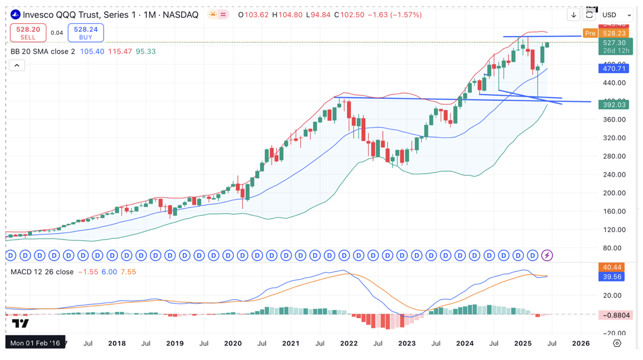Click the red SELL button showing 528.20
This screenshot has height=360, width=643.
[28, 33]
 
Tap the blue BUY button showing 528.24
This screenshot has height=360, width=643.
[86, 33]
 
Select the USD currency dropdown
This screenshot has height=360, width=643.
[616, 15]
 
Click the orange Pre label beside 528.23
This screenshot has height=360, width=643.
[590, 34]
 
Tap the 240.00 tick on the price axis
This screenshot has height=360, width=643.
[614, 175]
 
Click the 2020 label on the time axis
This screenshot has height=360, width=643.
[233, 343]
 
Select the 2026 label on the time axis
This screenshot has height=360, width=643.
[581, 343]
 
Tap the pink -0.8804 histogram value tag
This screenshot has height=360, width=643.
[615, 314]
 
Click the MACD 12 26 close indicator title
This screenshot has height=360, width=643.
[42, 272]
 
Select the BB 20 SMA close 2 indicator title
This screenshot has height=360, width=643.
[43, 52]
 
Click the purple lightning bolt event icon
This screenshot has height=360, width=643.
[547, 255]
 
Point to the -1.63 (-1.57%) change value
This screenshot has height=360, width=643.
[395, 15]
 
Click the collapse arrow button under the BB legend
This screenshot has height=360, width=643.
[17, 66]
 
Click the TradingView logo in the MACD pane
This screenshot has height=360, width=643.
[20, 324]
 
